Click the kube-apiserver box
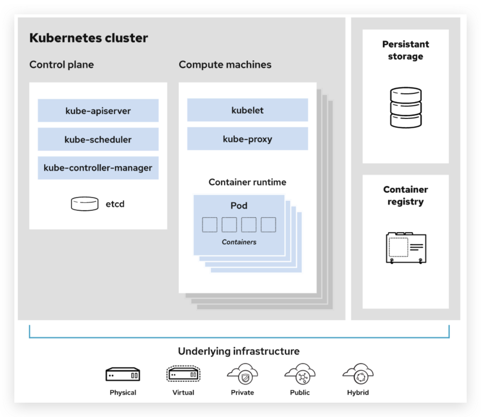[x=98, y=111]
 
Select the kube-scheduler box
[x=98, y=139]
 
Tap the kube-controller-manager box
[x=98, y=168]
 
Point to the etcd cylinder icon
[x=85, y=204]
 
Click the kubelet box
[x=247, y=110]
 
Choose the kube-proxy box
[x=247, y=139]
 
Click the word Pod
[x=239, y=206]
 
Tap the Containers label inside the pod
[x=239, y=242]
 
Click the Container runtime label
[x=247, y=182]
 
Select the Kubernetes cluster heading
[x=89, y=38]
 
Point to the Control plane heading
[x=62, y=64]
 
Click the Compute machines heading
[x=225, y=64]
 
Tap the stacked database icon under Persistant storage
[x=405, y=107]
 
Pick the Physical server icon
[x=123, y=374]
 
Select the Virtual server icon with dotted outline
[x=183, y=374]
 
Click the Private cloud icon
[x=243, y=374]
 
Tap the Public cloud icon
[x=300, y=374]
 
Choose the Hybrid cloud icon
[x=358, y=374]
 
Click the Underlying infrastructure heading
[x=239, y=351]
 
